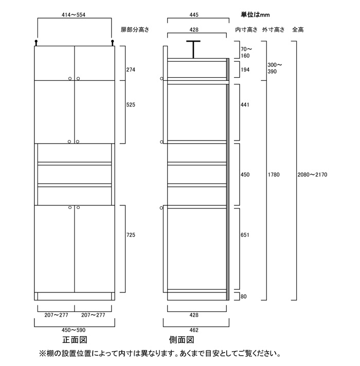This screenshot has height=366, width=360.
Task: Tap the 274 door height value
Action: click(x=131, y=69)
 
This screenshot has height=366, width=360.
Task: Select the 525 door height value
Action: click(x=131, y=104)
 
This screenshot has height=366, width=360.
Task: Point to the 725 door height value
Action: click(x=131, y=235)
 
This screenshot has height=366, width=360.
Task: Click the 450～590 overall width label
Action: click(x=74, y=329)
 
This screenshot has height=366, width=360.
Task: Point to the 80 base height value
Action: click(x=243, y=296)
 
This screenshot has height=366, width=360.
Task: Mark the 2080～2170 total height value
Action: click(x=312, y=175)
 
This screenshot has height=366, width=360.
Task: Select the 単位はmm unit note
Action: click(x=255, y=15)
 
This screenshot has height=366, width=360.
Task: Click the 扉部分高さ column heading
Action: click(x=135, y=30)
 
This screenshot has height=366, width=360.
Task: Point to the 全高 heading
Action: click(x=298, y=30)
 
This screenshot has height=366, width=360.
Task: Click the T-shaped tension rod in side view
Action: click(x=193, y=49)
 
